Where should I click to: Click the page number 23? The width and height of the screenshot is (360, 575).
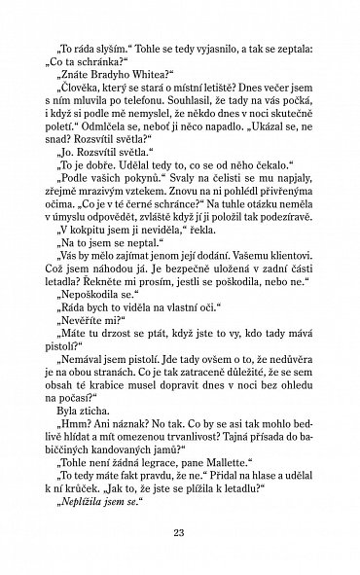[179, 532]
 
